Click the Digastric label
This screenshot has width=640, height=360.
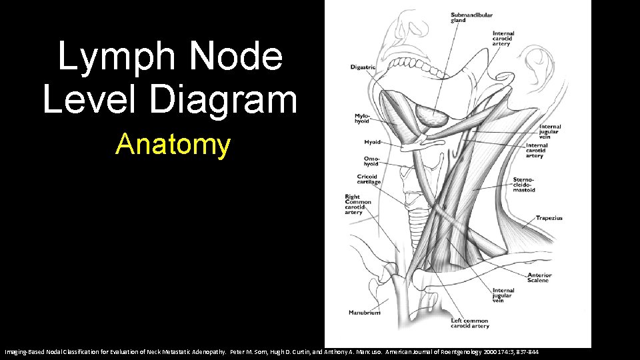point(363,67)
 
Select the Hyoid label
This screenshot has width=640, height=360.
point(372,142)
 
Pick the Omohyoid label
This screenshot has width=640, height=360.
point(371,161)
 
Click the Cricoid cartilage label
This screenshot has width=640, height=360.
point(368,179)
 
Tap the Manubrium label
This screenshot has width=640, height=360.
point(365,313)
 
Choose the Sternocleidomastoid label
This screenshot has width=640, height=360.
point(524,185)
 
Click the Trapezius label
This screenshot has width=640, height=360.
point(549,218)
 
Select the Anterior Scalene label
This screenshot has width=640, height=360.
point(539,278)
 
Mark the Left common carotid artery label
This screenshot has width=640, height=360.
point(470,323)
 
